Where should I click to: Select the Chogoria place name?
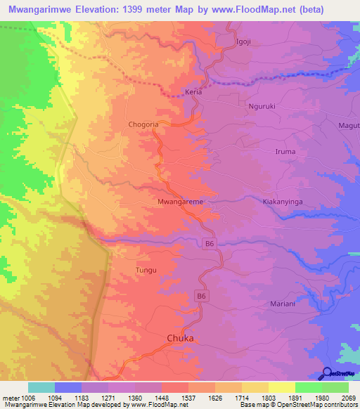point(146,124)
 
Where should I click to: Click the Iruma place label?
point(284,151)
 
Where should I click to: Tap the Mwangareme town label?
point(181,202)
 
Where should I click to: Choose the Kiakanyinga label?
point(282,201)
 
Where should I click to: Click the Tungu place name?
point(146,270)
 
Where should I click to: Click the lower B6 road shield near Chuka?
point(202,297)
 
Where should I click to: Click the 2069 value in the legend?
point(349,398)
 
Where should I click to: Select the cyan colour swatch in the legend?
point(41,387)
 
